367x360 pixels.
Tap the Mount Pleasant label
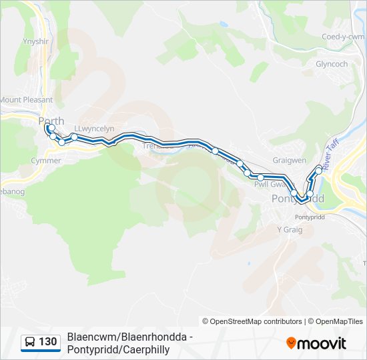click(26, 100)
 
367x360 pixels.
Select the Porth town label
click(51, 121)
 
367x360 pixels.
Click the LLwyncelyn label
click(95, 129)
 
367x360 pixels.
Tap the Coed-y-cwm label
click(343, 37)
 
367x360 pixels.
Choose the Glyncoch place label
click(332, 64)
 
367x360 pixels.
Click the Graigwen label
click(289, 160)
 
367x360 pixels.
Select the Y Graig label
click(290, 229)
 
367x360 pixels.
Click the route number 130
click(47, 342)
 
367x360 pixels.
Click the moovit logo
click(316, 343)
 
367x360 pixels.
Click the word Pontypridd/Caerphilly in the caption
click(118, 349)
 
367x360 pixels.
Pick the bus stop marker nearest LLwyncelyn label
click(74, 137)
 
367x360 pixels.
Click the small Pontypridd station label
click(308, 217)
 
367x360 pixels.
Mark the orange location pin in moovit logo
click(291, 343)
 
